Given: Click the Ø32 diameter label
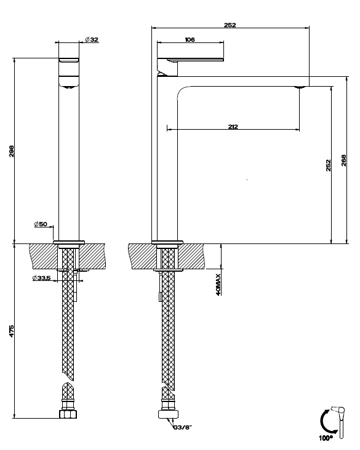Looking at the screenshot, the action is [92, 39].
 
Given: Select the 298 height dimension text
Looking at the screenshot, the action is [12, 151].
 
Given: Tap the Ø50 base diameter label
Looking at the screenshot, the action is [41, 224].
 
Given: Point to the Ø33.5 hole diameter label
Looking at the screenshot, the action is [41, 277].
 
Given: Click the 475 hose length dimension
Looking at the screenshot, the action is [12, 331].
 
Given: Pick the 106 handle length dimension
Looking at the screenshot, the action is [190, 39].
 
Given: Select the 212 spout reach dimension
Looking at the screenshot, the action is [233, 127].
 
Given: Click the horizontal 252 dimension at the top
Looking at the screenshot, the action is [230, 25].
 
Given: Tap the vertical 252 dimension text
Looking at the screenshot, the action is [329, 165].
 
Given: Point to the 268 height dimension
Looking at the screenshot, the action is [343, 160].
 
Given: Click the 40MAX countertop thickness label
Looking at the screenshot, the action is [218, 285].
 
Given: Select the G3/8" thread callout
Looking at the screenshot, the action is [182, 427].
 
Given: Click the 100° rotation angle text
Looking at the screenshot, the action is [326, 438].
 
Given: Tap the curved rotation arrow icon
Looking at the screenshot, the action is [323, 422].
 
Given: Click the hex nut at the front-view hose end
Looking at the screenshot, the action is [68, 414].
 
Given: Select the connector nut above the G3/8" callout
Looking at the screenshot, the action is [169, 414].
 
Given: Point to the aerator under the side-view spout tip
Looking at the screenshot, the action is [299, 87].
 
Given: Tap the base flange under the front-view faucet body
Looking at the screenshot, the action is [69, 242].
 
